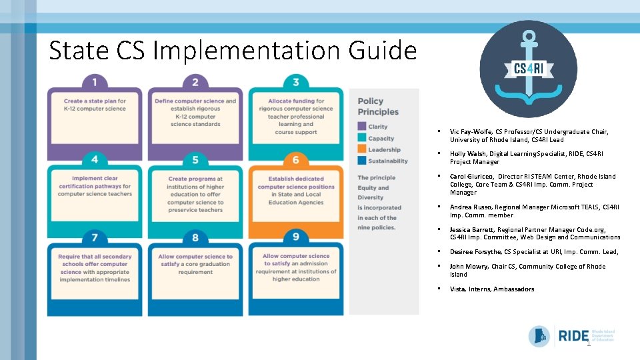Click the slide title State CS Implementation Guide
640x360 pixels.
tap(233, 50)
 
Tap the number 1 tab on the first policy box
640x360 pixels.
tap(95, 82)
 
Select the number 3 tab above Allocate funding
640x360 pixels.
tap(295, 82)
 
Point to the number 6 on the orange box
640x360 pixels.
tap(295, 160)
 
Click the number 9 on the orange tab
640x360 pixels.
tap(295, 237)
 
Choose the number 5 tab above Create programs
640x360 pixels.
tap(195, 160)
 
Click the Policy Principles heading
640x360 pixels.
tap(378, 107)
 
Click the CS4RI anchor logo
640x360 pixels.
tap(529, 68)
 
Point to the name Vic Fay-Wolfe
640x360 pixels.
tap(473, 132)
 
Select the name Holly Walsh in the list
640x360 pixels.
tap(468, 154)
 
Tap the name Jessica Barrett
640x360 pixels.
tap(473, 229)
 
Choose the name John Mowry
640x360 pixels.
tap(469, 267)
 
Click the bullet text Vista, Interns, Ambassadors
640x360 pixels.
tap(492, 289)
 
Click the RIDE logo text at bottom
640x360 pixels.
tap(573, 335)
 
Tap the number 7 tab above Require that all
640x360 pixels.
tap(95, 237)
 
